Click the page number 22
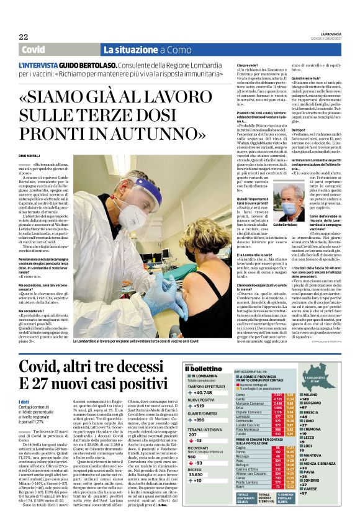pos(23,37)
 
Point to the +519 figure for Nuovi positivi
pos(197,406)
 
